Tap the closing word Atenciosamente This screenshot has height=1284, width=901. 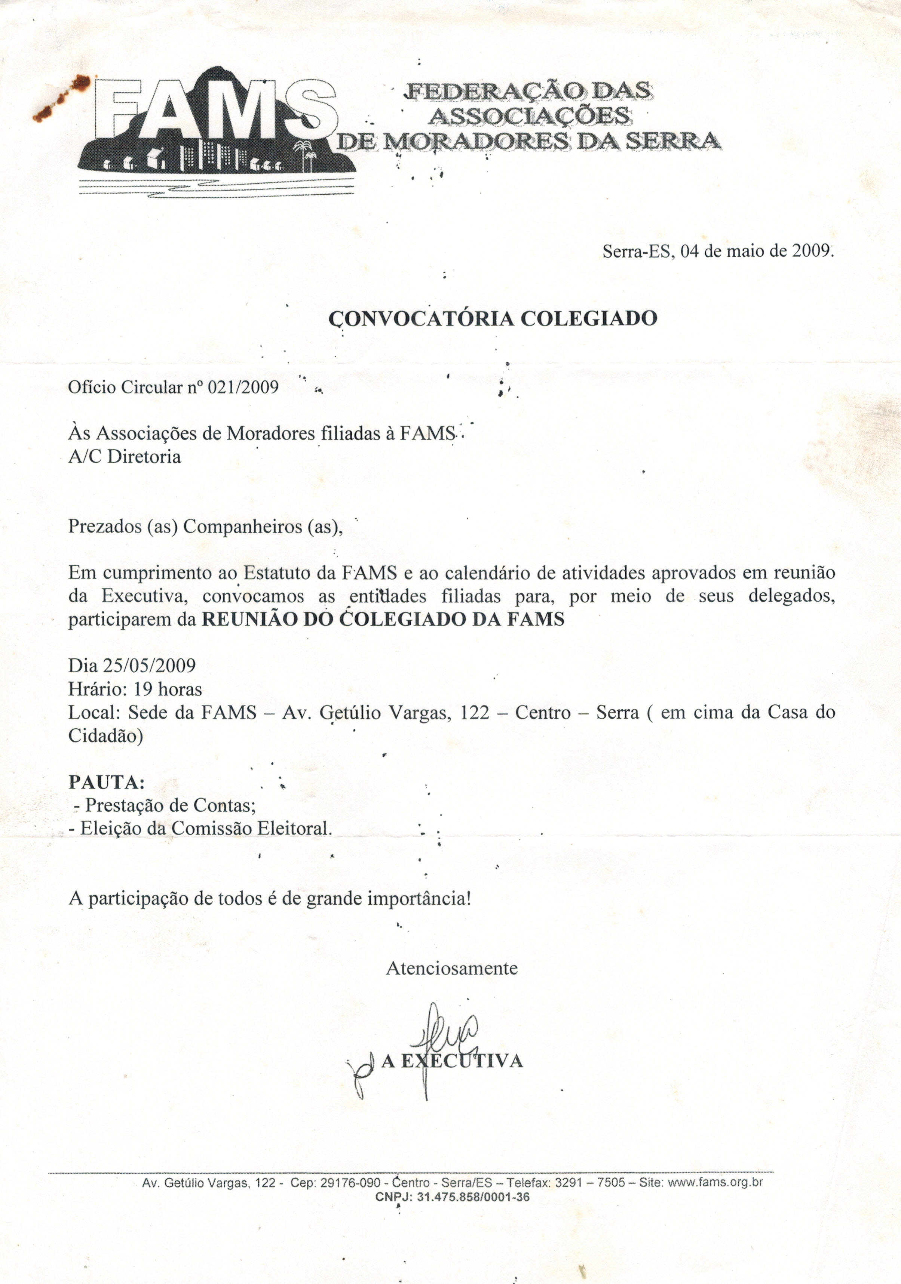click(x=451, y=968)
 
